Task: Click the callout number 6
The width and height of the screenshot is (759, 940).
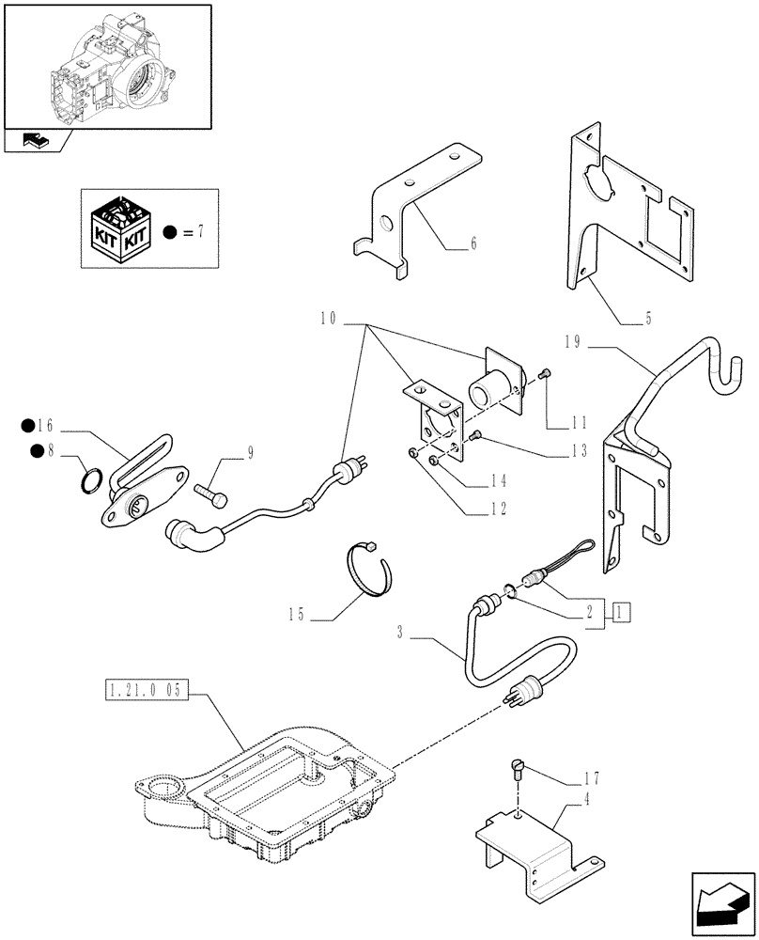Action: point(473,243)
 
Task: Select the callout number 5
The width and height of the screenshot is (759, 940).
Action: point(648,320)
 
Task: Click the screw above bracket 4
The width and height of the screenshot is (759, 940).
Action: point(518,771)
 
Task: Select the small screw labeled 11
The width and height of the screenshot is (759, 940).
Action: point(545,376)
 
